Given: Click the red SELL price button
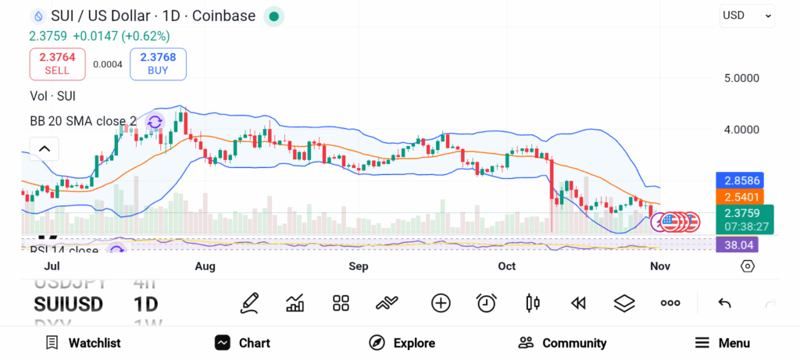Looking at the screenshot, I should pos(56,63).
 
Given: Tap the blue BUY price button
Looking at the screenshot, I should pos(158,63).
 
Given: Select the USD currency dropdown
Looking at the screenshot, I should pos(747,15).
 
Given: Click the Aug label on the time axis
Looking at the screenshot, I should pos(205,266).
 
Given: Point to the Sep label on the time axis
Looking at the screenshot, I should pos(358,266).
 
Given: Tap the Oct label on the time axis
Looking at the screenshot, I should pos(507,266).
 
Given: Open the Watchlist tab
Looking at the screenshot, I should pos(84,343).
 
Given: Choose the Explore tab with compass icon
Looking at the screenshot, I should pos(402,343).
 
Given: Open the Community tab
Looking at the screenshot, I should pos(562,343).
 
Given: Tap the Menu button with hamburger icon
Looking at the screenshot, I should pos(722,343).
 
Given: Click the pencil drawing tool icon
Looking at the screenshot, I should pos(249,303).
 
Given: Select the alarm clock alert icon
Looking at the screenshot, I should pos(487,303).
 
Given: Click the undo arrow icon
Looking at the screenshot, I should pos(724,303).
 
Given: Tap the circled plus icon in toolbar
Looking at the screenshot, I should pos(441,303).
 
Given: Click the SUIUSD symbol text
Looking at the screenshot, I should pos(68,304).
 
